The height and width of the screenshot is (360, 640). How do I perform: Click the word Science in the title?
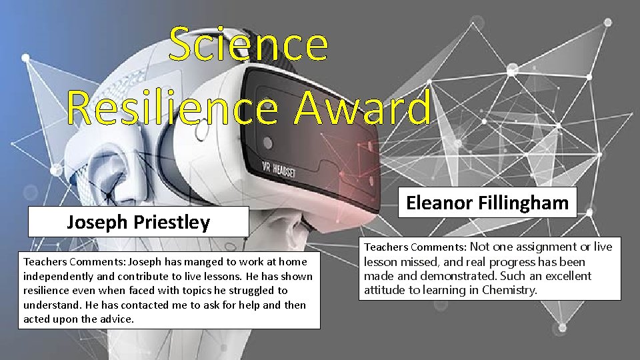pos(248,44)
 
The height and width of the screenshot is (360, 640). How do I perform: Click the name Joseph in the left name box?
pos(94,223)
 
